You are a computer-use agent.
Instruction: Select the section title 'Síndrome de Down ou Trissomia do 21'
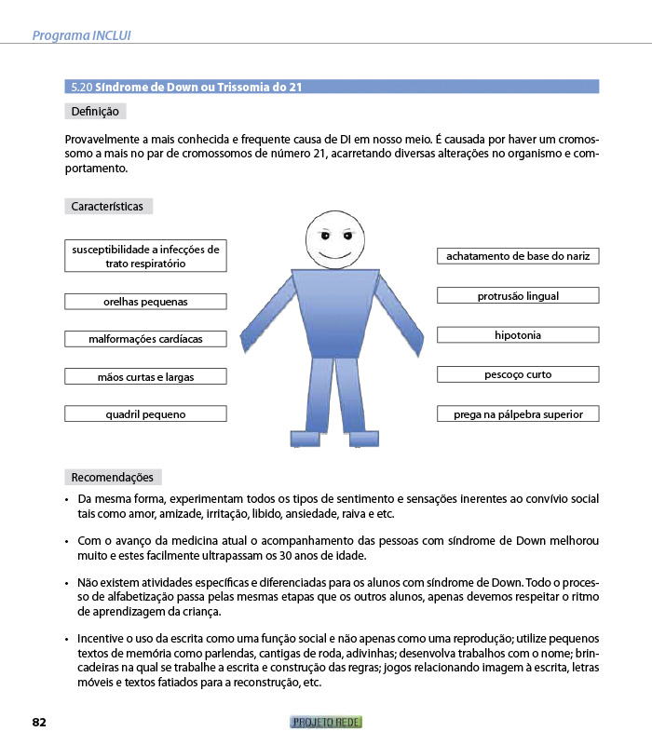(186, 87)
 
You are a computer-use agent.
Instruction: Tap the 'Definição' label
(95, 112)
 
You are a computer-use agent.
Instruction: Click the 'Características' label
(107, 206)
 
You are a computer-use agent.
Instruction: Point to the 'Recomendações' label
(112, 477)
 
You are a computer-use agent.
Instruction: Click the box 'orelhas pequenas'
(145, 302)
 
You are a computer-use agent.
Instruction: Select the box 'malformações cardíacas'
(145, 339)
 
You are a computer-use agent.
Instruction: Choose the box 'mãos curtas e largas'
(145, 376)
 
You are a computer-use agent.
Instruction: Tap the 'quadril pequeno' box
(145, 413)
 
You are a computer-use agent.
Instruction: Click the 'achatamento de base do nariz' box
(518, 256)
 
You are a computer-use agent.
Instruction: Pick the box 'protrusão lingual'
(518, 296)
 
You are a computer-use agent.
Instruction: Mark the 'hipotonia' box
(518, 335)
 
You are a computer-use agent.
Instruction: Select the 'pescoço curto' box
(518, 374)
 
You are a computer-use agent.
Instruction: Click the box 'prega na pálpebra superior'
(518, 413)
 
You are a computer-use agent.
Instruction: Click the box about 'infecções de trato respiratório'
(145, 256)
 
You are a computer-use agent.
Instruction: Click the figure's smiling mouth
(333, 254)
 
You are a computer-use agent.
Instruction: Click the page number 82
(39, 723)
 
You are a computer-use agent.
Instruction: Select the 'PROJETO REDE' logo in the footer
(326, 723)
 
